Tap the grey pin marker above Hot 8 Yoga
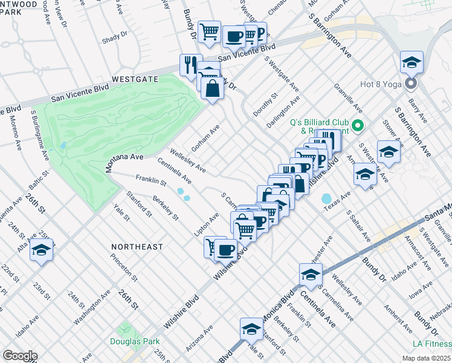click(411, 83)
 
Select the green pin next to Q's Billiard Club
click(357, 126)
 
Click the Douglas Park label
click(134, 341)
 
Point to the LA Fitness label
click(430, 344)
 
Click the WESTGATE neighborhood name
click(134, 79)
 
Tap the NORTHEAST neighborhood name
click(137, 247)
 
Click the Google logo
click(19, 356)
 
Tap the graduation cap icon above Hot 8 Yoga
click(412, 62)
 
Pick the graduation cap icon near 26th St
click(41, 249)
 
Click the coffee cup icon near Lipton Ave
click(225, 249)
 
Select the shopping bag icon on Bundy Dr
click(213, 88)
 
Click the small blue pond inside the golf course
click(63, 146)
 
